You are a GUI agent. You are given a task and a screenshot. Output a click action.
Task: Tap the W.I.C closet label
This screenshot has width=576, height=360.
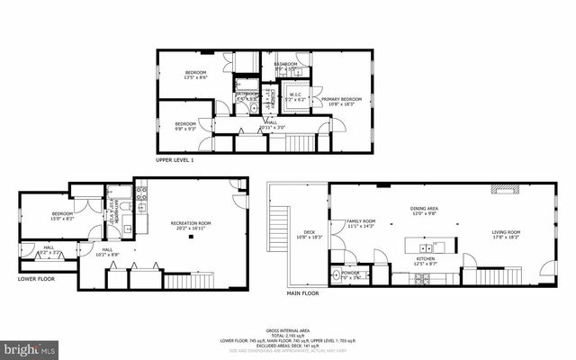(294, 96)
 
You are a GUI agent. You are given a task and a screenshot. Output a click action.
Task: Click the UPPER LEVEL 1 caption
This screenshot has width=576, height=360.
(175, 160)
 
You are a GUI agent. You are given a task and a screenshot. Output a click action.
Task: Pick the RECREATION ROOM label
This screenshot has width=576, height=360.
(191, 224)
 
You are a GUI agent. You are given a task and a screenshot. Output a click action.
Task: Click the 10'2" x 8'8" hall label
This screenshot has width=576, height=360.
(107, 252)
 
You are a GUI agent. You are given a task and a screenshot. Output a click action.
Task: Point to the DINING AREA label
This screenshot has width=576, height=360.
(424, 211)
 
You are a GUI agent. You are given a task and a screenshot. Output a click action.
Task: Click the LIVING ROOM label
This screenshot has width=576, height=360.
(506, 235)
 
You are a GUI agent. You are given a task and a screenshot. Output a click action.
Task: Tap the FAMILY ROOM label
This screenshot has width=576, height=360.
(361, 223)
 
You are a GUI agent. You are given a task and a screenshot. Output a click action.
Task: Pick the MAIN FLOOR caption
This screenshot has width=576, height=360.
(302, 292)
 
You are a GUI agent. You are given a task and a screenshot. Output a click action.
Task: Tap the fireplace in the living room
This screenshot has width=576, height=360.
(503, 189)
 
